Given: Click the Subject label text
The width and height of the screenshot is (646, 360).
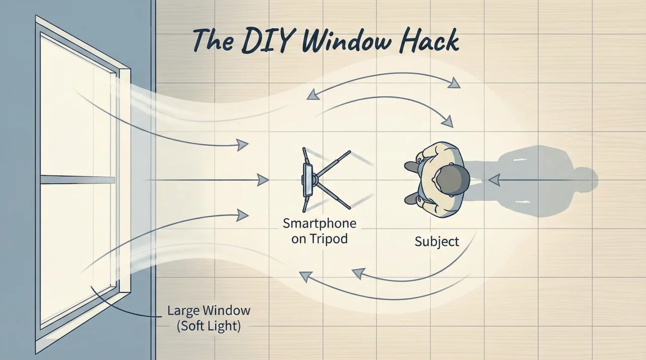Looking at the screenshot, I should [x=437, y=242].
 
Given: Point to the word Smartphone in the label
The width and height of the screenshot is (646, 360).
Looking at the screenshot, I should [x=319, y=223].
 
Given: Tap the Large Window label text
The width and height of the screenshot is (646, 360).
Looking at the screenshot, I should [x=209, y=311].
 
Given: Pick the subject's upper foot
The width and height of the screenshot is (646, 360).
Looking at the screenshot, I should [x=412, y=166].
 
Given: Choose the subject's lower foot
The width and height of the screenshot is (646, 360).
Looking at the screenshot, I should [x=411, y=199].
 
